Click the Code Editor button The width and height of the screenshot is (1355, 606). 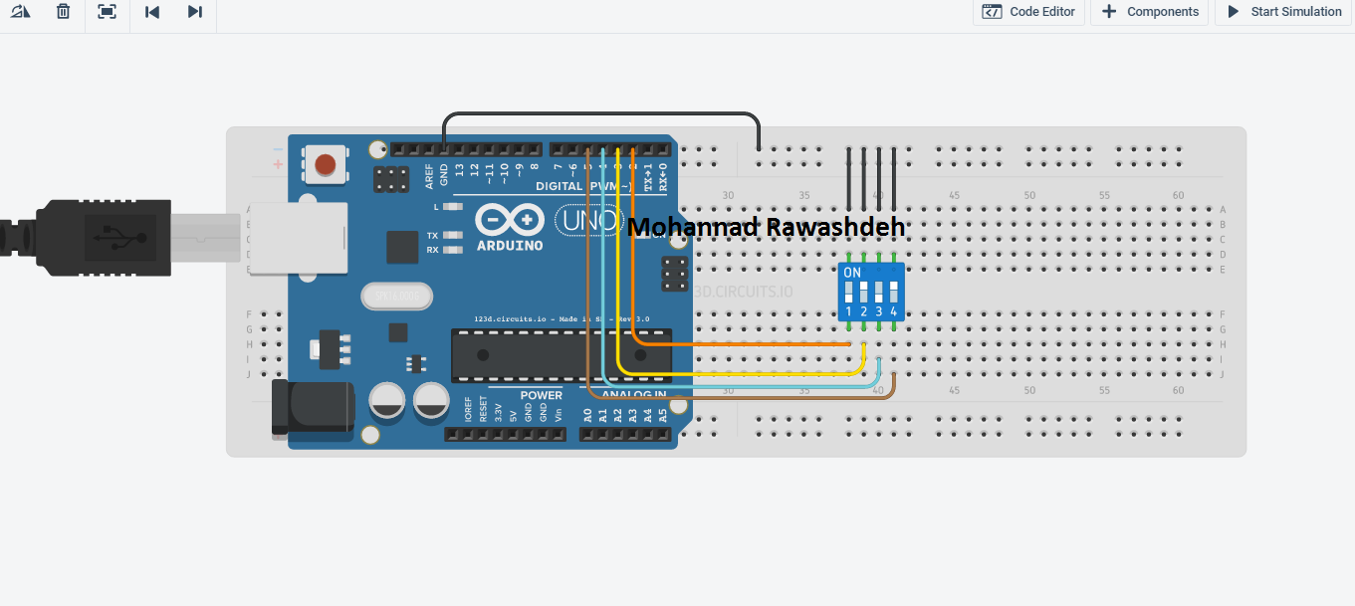(1028, 12)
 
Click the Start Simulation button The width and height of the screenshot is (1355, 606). (1283, 12)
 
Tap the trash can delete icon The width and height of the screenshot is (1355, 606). (63, 12)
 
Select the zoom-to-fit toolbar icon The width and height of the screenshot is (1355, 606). (107, 12)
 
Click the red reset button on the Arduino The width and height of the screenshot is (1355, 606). (325, 164)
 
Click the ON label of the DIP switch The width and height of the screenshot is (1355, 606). (852, 272)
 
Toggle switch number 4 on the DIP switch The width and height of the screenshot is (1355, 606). (894, 294)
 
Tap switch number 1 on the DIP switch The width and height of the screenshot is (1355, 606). (849, 294)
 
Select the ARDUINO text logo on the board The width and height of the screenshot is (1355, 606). (509, 245)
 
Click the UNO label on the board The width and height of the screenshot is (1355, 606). (590, 221)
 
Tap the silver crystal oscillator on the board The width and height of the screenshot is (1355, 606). (398, 296)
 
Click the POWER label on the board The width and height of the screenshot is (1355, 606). (541, 395)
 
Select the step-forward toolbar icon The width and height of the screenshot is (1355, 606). (195, 12)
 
